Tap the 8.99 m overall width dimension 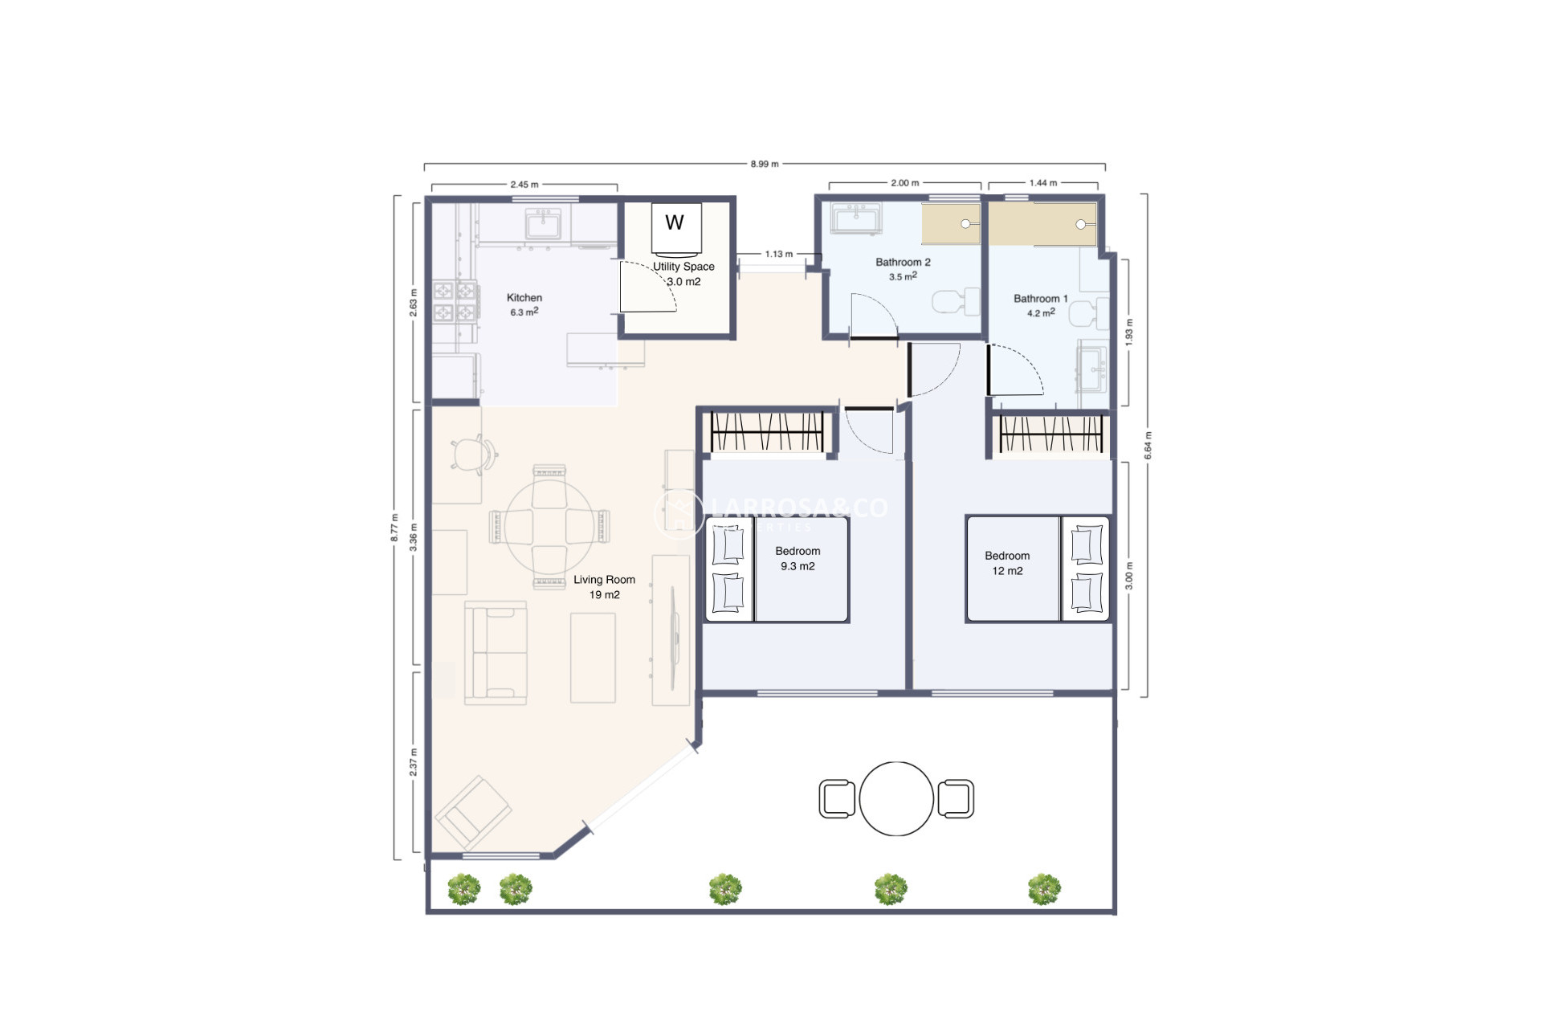click(x=764, y=164)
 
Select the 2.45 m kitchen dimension click(x=524, y=185)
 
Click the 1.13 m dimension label click(x=778, y=255)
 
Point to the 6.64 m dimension click(x=1148, y=446)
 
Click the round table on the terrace click(x=896, y=799)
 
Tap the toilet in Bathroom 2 click(x=956, y=302)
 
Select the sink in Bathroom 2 click(x=857, y=218)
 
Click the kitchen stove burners click(x=455, y=301)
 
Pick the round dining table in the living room click(x=549, y=526)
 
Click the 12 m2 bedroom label click(x=1007, y=563)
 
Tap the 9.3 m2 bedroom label click(x=798, y=559)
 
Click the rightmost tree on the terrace click(x=1044, y=889)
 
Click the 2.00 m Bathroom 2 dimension click(x=904, y=183)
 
